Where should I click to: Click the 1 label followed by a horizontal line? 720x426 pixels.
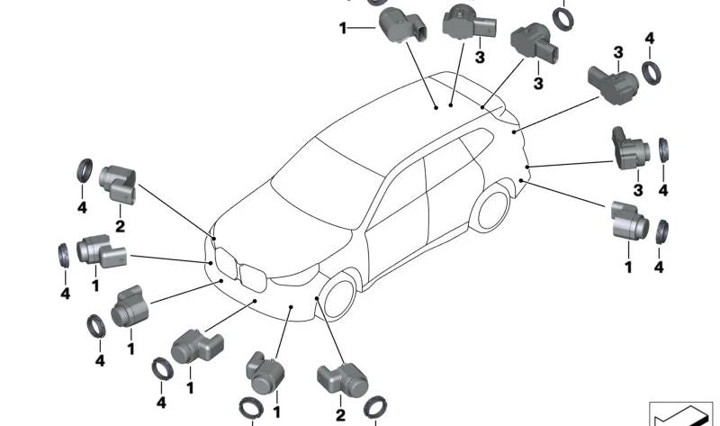point(343,28)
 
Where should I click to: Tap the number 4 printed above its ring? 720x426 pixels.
point(650,40)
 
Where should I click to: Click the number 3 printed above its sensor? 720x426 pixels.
point(618,53)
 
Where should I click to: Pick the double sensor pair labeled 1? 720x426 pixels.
point(101,250)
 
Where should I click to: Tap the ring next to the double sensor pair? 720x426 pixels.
point(66,254)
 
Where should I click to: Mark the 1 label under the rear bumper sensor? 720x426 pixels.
point(628,267)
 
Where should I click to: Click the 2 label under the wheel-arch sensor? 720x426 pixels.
point(340,414)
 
